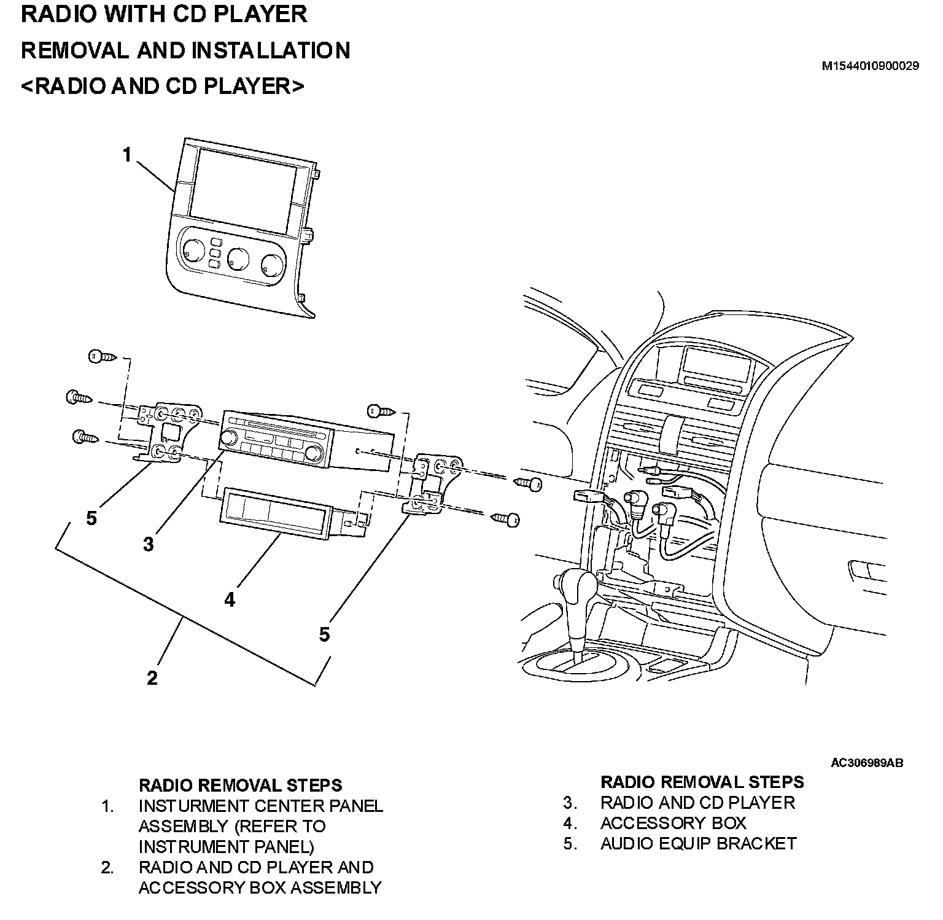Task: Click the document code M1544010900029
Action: coord(870,66)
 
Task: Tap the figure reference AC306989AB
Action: coord(866,763)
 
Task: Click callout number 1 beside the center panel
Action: coord(127,155)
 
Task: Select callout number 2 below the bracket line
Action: coord(152,678)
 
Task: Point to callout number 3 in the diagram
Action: coord(148,544)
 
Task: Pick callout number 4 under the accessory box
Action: coord(230,599)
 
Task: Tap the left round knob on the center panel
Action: coord(187,249)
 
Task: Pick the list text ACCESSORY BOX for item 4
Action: coord(673,823)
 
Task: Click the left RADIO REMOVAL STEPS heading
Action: coord(240,785)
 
